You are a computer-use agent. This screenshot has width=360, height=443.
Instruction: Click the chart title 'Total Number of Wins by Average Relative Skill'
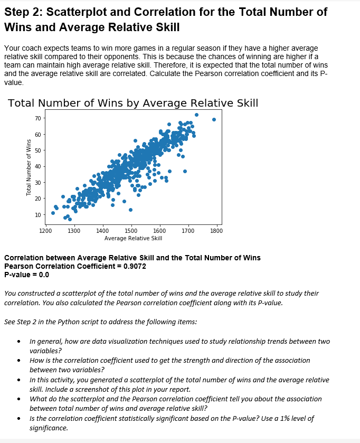(133, 103)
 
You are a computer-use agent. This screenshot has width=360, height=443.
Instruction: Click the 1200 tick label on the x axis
(45, 231)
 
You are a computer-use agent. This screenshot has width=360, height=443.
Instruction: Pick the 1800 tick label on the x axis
(216, 231)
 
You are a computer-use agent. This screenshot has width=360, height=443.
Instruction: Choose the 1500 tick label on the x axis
(131, 231)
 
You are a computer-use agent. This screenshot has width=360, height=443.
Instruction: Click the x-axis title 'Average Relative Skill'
(133, 238)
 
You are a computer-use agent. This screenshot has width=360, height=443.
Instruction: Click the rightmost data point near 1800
(214, 119)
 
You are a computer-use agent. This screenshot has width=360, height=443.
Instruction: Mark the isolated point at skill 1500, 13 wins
(130, 210)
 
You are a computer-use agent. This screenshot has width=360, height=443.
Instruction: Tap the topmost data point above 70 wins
(196, 115)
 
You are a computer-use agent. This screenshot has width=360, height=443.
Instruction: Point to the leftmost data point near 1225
(53, 213)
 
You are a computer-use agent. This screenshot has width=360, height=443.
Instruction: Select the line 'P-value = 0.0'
(26, 275)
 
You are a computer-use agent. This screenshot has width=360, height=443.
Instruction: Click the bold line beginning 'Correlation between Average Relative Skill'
(132, 258)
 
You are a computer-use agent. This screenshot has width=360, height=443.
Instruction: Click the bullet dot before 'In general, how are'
(20, 342)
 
